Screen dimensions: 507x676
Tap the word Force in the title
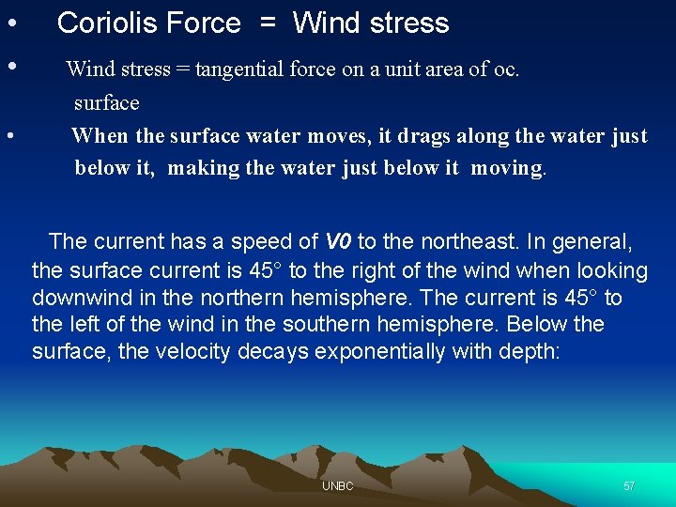[204, 23]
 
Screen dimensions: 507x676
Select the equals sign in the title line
[268, 24]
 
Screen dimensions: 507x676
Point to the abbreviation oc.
[507, 69]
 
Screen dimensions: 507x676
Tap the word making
[204, 169]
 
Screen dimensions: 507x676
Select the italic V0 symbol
[338, 241]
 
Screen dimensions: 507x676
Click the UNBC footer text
[337, 486]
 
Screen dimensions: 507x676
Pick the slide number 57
[629, 486]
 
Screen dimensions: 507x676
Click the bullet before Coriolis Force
[9, 23]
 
